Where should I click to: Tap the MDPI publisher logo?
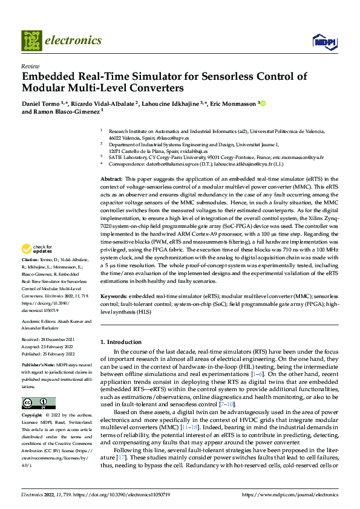click(324, 41)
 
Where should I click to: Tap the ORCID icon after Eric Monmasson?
click(263, 104)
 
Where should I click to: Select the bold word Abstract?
click(111, 180)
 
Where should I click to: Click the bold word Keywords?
click(113, 297)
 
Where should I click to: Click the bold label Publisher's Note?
click(39, 366)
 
